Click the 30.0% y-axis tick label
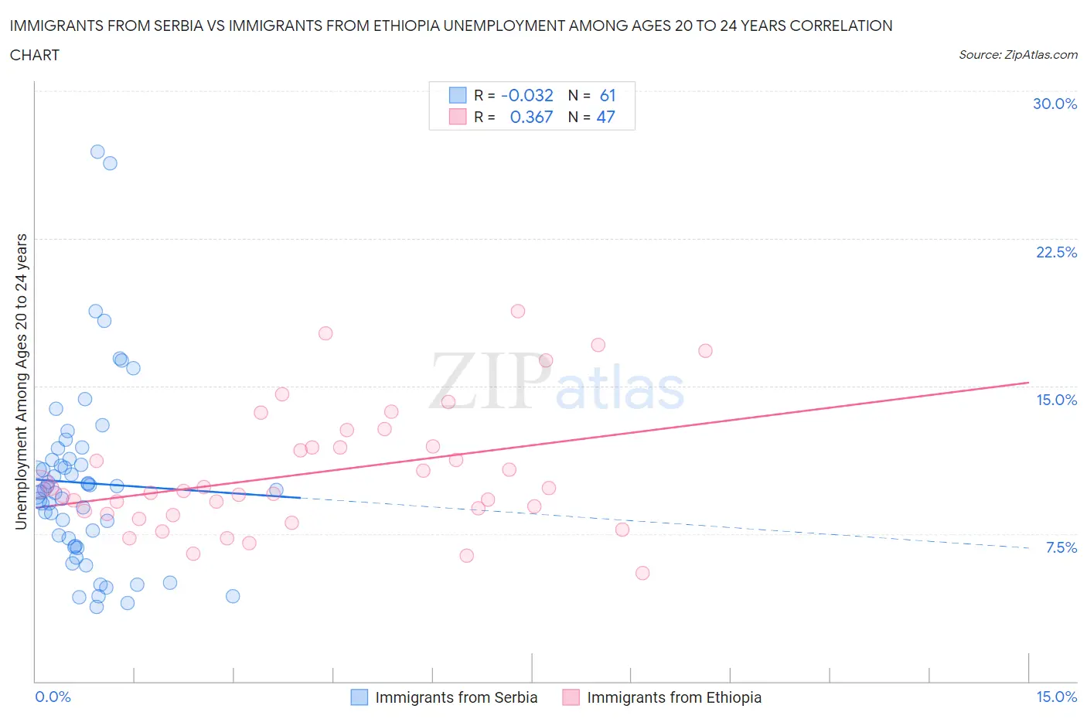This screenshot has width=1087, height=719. pos(1055,104)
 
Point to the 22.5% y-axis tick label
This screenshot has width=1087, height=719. pos(1056,252)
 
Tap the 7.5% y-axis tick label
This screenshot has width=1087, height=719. pos(1061,547)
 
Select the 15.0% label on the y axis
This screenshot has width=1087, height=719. pos(1056,400)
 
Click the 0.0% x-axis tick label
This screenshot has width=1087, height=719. pos(53,697)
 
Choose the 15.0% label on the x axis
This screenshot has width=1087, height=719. pos(1056,697)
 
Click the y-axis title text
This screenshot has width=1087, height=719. pos(22,382)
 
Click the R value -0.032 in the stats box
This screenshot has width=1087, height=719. pos(527,95)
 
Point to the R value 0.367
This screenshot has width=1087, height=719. pos(531,117)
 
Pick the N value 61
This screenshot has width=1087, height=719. pos(608,95)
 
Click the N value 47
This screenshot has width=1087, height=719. pos(606,117)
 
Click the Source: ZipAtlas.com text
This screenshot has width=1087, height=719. pos(1017,55)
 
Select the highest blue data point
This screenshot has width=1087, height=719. pos(97,152)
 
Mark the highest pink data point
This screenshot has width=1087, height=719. pos(518,311)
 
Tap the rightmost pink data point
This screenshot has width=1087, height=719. pos(705,351)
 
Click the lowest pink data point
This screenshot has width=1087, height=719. pos(642,573)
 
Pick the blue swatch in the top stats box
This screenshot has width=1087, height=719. pos(458,95)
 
